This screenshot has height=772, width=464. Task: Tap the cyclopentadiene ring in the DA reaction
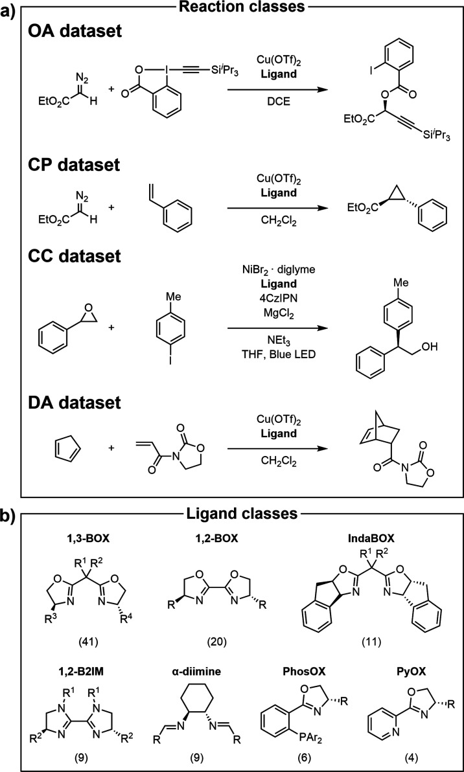(57, 427)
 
